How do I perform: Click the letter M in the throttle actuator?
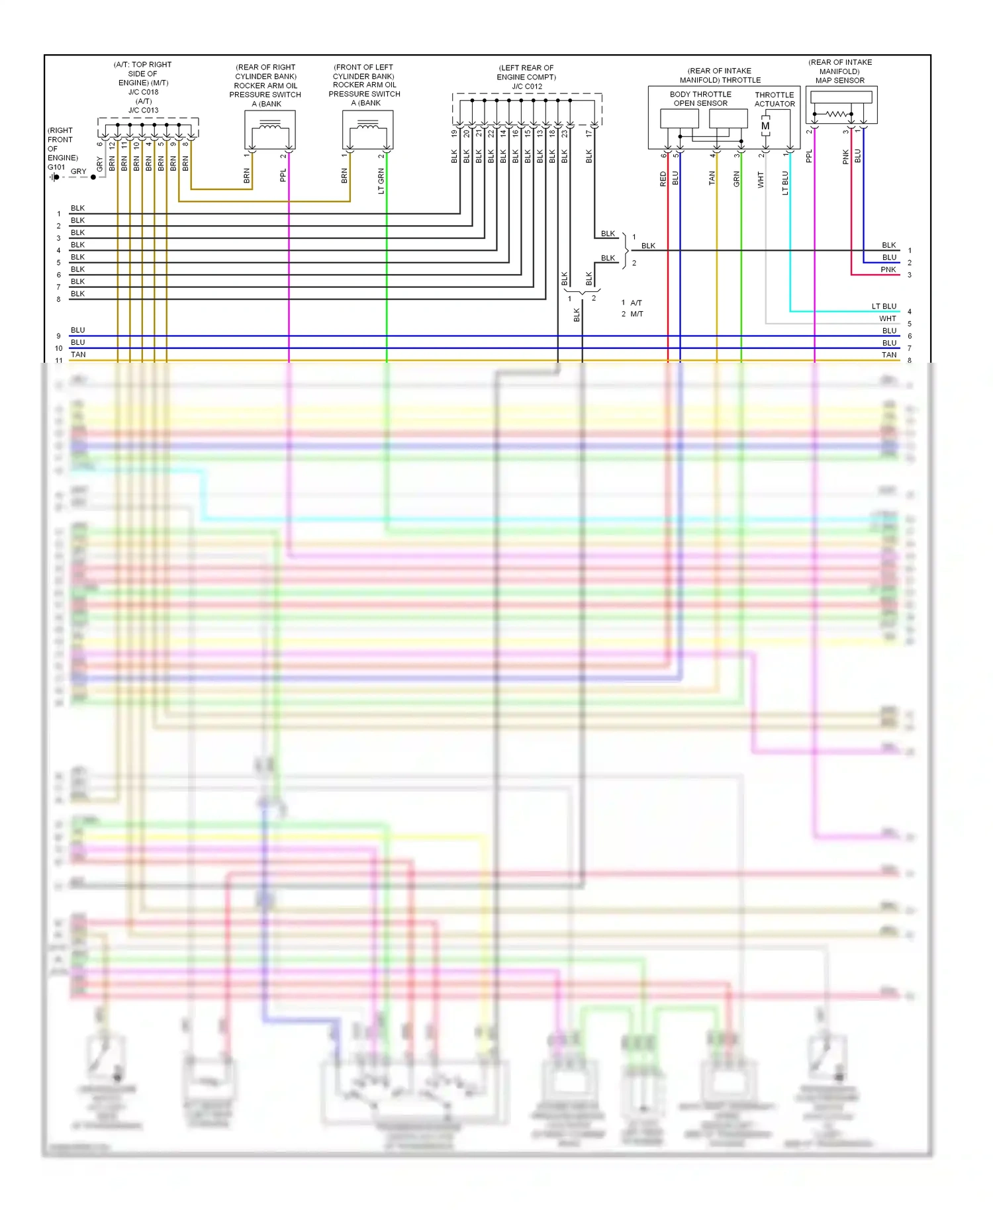coord(765,126)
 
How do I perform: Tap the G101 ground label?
coord(56,167)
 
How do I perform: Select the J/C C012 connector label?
coord(527,86)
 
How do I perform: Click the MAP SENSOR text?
coord(839,80)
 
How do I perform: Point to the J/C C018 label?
coord(143,92)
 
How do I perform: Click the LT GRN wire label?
coord(381,181)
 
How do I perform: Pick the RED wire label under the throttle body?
coord(663,179)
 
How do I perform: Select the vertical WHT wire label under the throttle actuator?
coord(761,179)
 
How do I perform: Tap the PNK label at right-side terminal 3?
coord(888,269)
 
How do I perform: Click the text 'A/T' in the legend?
coord(636,302)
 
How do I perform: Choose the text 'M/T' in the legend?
coord(637,314)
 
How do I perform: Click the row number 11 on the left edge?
coord(59,360)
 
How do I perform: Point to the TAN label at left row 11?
coord(78,354)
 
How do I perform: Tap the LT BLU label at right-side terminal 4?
coord(884,306)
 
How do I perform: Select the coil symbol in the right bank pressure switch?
coord(269,125)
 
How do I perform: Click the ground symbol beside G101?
coord(54,177)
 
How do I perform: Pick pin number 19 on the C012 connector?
coord(454,133)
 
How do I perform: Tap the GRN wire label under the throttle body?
coord(736,179)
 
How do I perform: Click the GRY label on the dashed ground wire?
coord(78,171)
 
